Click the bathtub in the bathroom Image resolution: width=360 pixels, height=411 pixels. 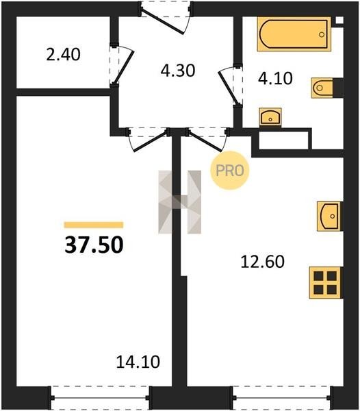pos(294,34)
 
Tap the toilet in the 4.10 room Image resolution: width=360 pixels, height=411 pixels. pos(322,88)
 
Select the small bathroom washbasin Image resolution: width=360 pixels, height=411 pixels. pos(270,116)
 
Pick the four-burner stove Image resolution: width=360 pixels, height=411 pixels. pos(326,282)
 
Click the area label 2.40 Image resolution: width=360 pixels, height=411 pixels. pos(63,55)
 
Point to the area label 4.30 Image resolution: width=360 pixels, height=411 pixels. pos(178,71)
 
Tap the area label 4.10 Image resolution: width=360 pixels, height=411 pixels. pos(275,78)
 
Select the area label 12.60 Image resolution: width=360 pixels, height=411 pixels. pos(262,262)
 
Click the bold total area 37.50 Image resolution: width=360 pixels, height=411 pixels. pos(94,245)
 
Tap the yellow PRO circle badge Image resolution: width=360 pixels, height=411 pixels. pos(230,171)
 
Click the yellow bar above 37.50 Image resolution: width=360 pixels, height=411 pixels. pos(94,225)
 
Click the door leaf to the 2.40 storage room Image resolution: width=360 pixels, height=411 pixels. pos(124,68)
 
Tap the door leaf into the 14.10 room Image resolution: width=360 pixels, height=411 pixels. pos(151,141)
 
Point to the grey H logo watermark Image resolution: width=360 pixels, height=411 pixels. pos(180,202)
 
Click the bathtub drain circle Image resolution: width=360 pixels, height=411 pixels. pos(322,34)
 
